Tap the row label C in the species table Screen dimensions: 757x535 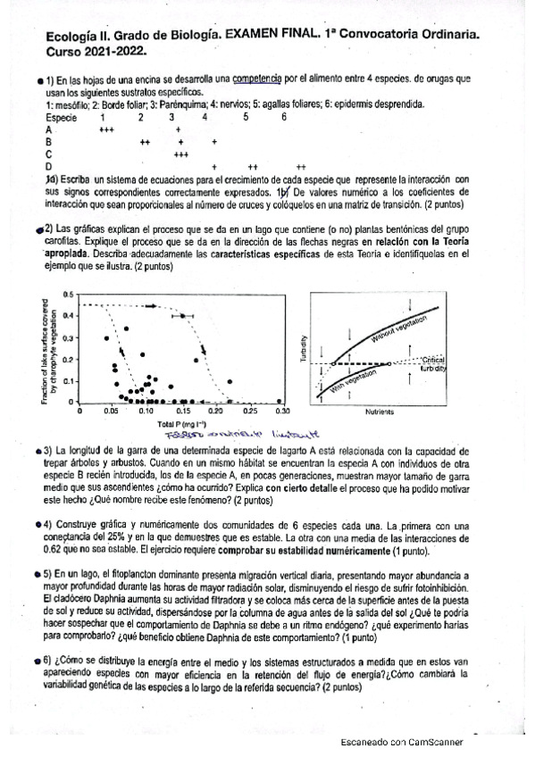coord(48,154)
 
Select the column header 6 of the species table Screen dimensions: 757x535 coord(284,117)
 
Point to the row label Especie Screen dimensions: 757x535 coord(61,117)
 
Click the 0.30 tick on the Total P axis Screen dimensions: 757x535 coord(281,413)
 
